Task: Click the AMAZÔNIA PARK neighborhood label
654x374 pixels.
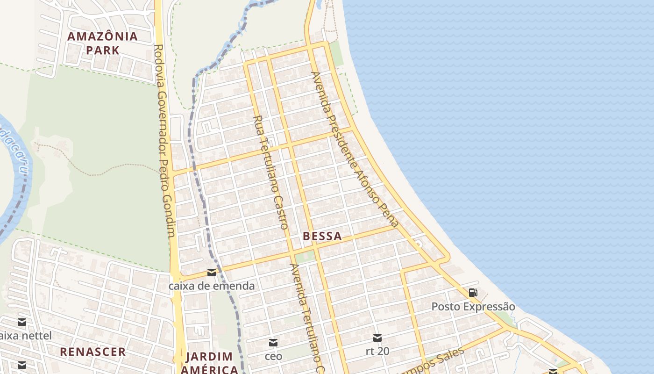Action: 102,43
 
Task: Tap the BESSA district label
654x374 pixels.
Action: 322,237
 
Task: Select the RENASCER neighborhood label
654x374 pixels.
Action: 92,352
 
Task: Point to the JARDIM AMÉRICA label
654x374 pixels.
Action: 209,363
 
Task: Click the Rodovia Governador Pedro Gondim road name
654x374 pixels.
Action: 165,140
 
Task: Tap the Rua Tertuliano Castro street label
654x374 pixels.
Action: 270,172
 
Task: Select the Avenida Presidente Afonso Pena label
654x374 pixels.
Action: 355,150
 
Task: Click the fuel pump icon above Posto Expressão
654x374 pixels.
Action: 473,293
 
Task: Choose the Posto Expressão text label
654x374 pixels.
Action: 473,307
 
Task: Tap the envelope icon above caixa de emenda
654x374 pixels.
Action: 212,273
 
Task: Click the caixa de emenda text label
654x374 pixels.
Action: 212,286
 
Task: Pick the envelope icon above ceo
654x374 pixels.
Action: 273,343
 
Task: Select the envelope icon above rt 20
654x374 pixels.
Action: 377,338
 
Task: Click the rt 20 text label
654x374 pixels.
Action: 377,351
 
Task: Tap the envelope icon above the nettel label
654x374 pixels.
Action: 22,322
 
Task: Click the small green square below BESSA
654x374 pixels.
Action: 305,256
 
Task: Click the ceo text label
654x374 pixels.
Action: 273,356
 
